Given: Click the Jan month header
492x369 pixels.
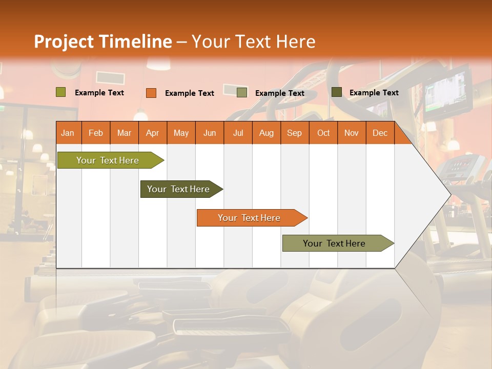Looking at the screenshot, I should (68, 133).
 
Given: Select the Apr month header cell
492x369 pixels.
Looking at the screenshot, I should (152, 133).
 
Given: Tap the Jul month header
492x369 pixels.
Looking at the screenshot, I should (238, 133).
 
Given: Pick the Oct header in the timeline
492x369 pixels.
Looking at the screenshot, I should (323, 133).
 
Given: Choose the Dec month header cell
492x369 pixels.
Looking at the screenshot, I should (380, 133).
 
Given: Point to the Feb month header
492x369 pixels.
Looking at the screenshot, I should (96, 133).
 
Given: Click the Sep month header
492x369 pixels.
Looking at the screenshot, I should (294, 133).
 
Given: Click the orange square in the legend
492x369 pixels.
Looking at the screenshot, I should (151, 93).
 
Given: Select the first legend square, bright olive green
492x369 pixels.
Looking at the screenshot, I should (61, 92).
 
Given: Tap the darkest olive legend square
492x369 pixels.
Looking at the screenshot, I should (337, 92).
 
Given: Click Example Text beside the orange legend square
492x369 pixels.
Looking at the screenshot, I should (189, 93).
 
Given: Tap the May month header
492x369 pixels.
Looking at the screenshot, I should (181, 133).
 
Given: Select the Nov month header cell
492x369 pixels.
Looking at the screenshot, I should (352, 133).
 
